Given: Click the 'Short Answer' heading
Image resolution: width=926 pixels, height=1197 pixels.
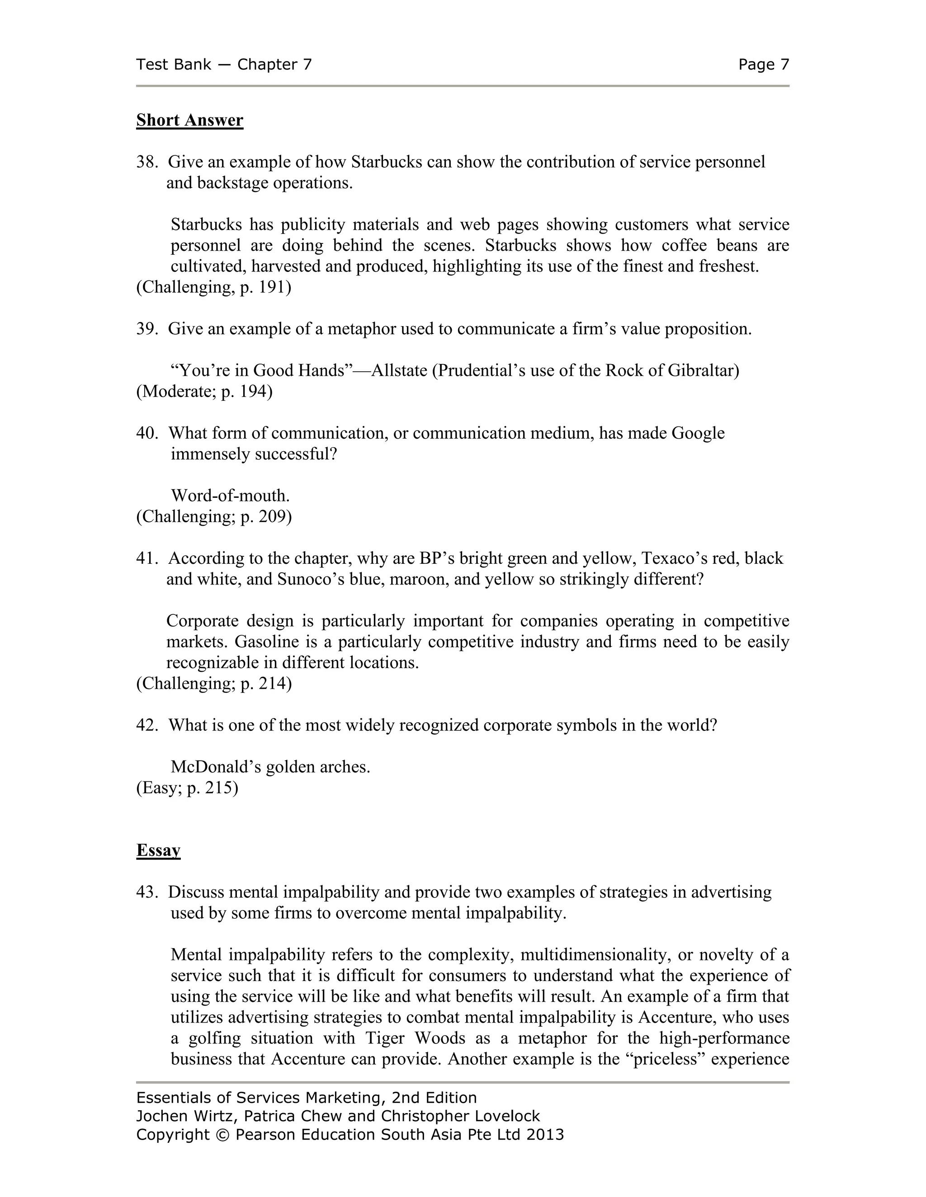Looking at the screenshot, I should coord(189,120).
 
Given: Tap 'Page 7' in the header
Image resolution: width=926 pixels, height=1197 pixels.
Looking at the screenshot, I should coord(763,65).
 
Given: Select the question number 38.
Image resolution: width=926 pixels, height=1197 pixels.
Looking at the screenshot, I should coord(146,162).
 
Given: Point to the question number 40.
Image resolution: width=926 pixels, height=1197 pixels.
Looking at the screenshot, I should coord(146,433).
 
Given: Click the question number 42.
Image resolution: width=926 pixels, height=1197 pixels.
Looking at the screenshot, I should coord(146,725).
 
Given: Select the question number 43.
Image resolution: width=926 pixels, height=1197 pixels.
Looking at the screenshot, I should coord(146,892).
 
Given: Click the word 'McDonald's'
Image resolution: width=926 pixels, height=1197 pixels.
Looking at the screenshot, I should coord(216,767).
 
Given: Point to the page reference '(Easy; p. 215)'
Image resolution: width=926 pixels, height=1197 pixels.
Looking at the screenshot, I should coord(187,788).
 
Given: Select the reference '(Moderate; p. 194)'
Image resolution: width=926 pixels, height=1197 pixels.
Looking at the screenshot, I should coord(204,391).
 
